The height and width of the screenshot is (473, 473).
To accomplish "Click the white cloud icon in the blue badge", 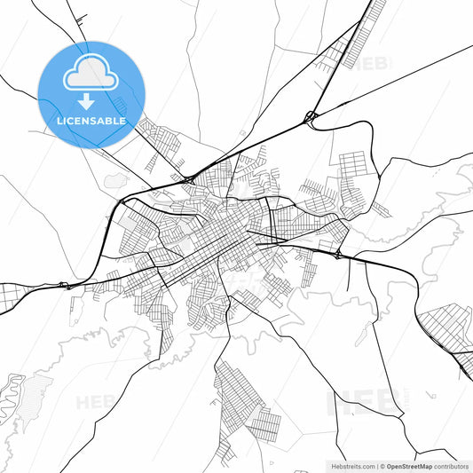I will tap(91, 74).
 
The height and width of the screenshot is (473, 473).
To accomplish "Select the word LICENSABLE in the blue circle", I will tap(91, 121).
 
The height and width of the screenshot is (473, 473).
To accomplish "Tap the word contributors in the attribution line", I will tap(451, 465).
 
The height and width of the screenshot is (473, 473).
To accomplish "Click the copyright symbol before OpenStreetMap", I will tap(382, 465).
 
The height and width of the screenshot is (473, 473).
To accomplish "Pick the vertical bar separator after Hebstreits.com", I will tap(376, 465).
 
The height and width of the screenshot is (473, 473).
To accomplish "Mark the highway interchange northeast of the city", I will tap(311, 116).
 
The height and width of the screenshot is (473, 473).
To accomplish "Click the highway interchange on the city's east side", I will tap(338, 256).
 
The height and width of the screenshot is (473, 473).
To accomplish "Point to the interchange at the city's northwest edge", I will tap(189, 180).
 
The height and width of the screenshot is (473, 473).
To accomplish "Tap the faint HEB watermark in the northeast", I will tap(377, 63).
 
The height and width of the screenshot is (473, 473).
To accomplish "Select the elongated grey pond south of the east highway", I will tap(363, 334).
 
